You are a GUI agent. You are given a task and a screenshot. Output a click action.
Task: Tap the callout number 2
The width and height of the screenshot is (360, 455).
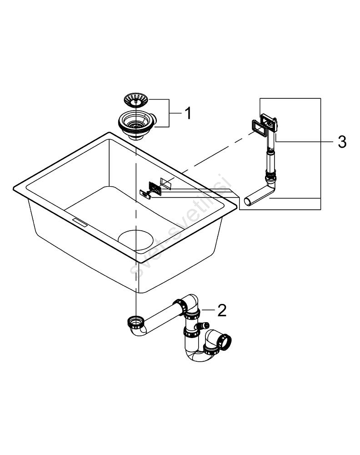pos(221,310)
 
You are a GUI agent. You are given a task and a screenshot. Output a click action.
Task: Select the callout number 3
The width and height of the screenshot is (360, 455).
pos(341,142)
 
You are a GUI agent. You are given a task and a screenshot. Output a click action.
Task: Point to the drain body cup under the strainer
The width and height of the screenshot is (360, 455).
pos(136,124)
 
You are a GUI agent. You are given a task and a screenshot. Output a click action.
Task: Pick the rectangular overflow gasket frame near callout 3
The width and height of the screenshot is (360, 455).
pos(260,126)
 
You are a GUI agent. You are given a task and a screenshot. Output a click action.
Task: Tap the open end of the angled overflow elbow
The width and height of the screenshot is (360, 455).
pos(248,202)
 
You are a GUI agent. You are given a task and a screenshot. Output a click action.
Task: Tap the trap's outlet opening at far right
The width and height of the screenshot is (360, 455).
pos(225,340)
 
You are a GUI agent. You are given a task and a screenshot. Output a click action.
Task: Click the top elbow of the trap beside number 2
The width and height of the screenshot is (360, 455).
pos(191,303)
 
